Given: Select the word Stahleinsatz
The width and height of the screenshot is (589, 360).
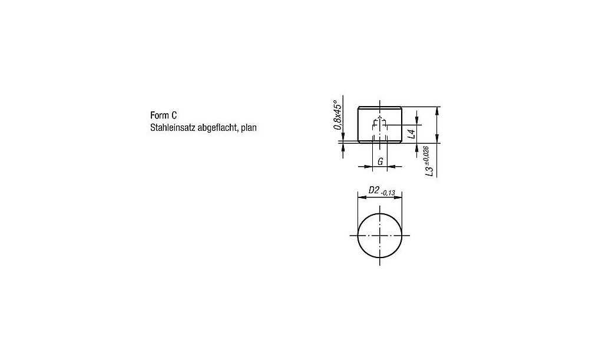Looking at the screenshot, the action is [x=173, y=127].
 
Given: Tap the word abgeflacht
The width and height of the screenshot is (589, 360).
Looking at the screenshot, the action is [x=218, y=127].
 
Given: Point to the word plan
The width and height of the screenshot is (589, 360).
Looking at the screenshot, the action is [x=249, y=128].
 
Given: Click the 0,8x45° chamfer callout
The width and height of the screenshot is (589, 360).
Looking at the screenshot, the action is [x=338, y=113].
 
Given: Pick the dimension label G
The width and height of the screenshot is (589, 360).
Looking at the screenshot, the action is [x=380, y=161].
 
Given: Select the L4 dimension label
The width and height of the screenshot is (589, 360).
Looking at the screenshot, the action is [x=412, y=134].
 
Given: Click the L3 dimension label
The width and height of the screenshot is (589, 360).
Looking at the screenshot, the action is [x=429, y=171].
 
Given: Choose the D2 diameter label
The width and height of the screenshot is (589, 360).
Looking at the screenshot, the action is [x=373, y=190].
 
